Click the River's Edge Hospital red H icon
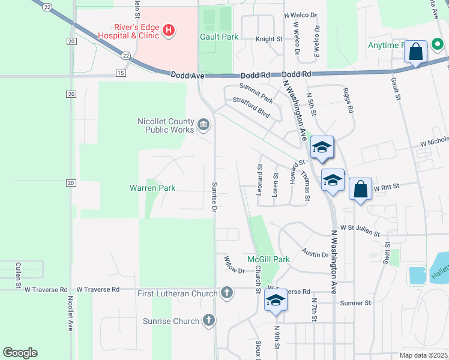(x=169, y=29)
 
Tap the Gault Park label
(x=219, y=37)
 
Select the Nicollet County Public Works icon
(x=203, y=124)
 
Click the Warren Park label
(x=152, y=188)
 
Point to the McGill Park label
(x=269, y=259)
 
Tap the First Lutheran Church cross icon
(x=226, y=293)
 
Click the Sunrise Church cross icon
(x=208, y=321)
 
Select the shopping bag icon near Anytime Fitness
(x=415, y=52)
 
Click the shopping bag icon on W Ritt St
(x=360, y=190)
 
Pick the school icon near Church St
(x=276, y=300)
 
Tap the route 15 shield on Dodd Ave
(x=121, y=73)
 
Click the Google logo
(x=20, y=353)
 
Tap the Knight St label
(x=269, y=39)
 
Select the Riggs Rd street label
(x=348, y=100)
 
